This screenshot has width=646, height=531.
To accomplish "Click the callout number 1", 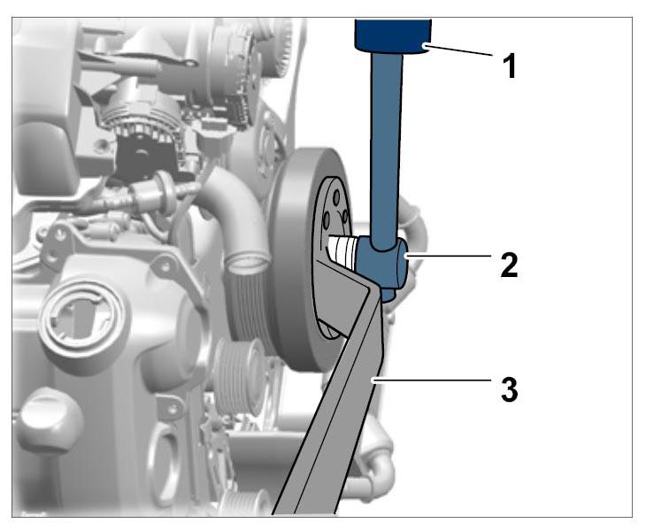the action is tap(510, 66).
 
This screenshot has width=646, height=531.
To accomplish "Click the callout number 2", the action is tap(509, 265).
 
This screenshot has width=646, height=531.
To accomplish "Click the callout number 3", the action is tap(509, 389).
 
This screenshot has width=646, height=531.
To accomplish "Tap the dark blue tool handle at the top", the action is tap(393, 36).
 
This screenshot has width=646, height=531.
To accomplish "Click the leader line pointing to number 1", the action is tap(459, 50).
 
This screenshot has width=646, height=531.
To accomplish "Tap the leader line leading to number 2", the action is tap(449, 256).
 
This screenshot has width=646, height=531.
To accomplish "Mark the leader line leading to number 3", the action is tap(432, 380).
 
